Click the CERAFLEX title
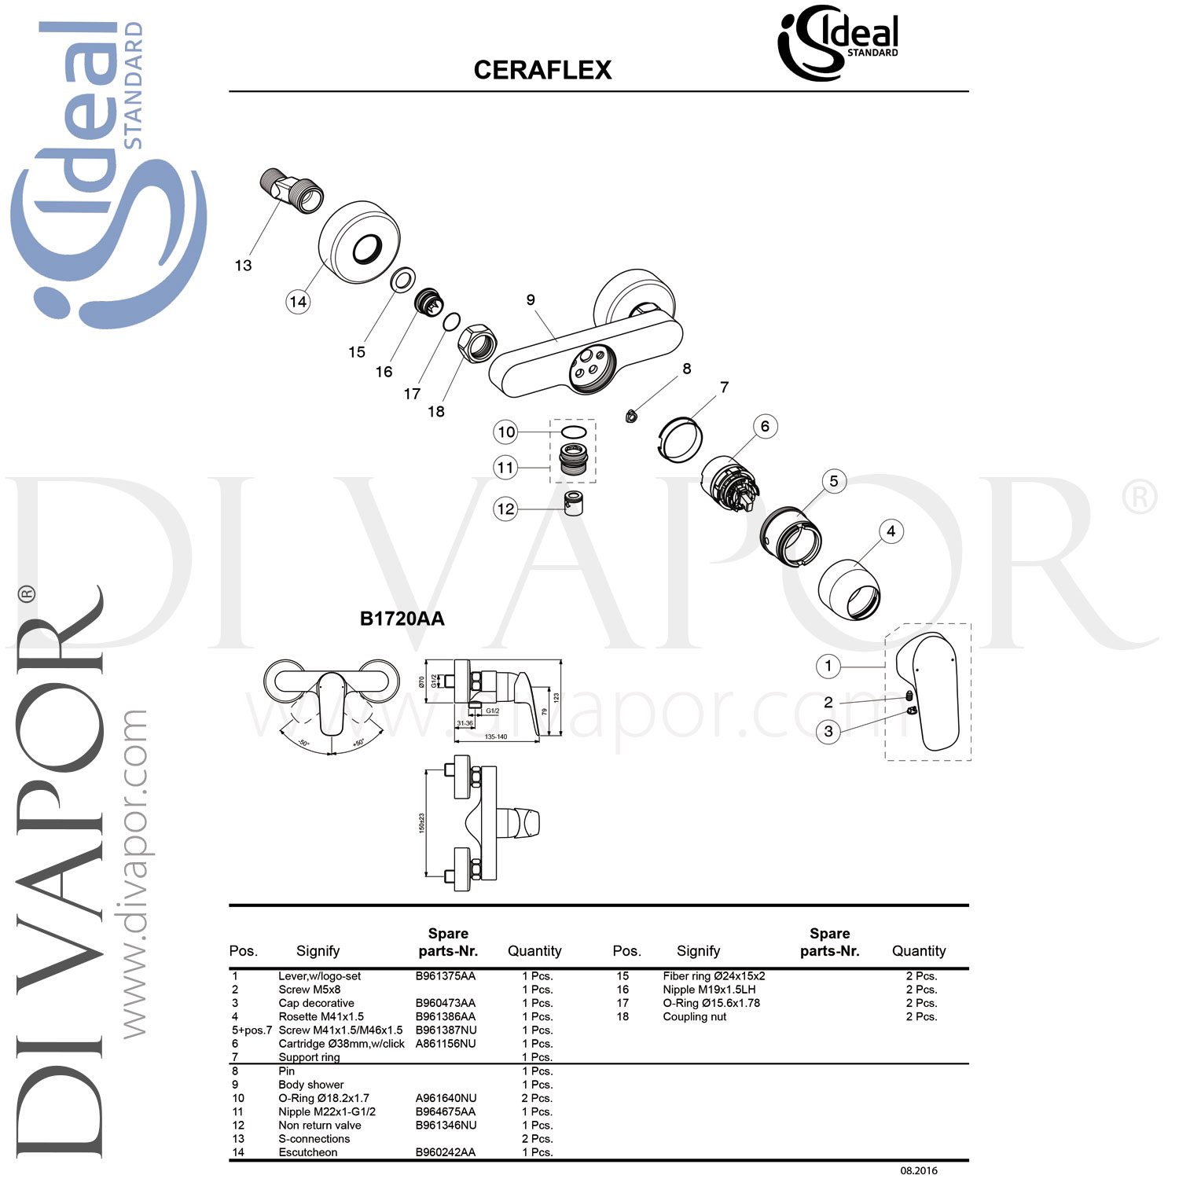click(x=542, y=70)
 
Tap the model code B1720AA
click(x=402, y=619)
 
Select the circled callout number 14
click(x=298, y=302)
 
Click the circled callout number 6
click(x=765, y=426)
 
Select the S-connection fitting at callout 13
click(x=291, y=189)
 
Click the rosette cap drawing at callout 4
click(x=849, y=589)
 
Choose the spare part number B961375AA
click(x=446, y=976)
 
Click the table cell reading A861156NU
click(x=446, y=1044)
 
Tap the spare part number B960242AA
click(x=446, y=1152)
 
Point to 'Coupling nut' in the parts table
click(x=695, y=1016)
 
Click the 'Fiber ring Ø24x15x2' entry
click(x=714, y=976)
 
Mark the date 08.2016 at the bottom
click(x=919, y=1170)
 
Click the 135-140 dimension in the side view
click(x=496, y=736)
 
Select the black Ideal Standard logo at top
click(x=837, y=46)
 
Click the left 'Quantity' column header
click(x=534, y=951)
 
